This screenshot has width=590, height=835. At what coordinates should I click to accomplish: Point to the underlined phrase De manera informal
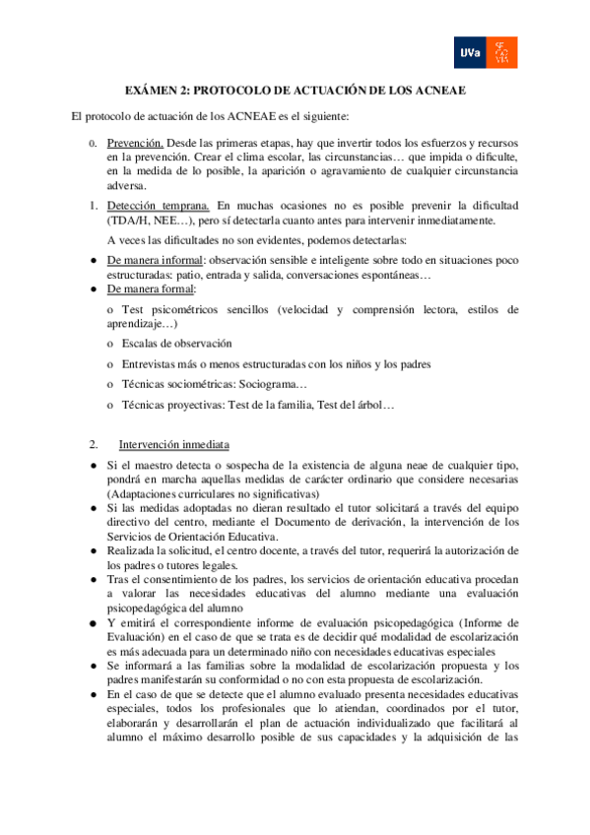coord(148,260)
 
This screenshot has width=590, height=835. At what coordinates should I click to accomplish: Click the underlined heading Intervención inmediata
coord(174,444)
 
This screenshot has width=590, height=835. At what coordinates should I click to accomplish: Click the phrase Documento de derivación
coord(335,521)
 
